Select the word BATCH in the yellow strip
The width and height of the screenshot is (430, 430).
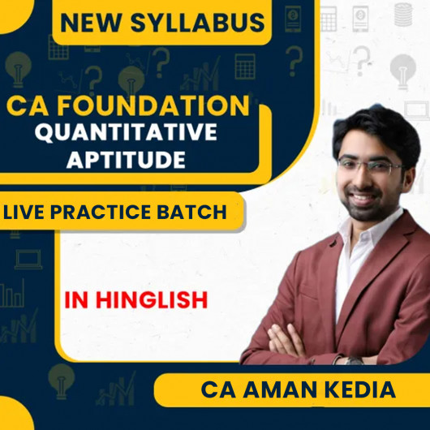click(x=200, y=213)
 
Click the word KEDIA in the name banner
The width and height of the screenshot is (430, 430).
click(x=358, y=390)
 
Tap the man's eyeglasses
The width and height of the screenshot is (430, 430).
click(x=370, y=166)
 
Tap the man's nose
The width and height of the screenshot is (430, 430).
click(x=376, y=178)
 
